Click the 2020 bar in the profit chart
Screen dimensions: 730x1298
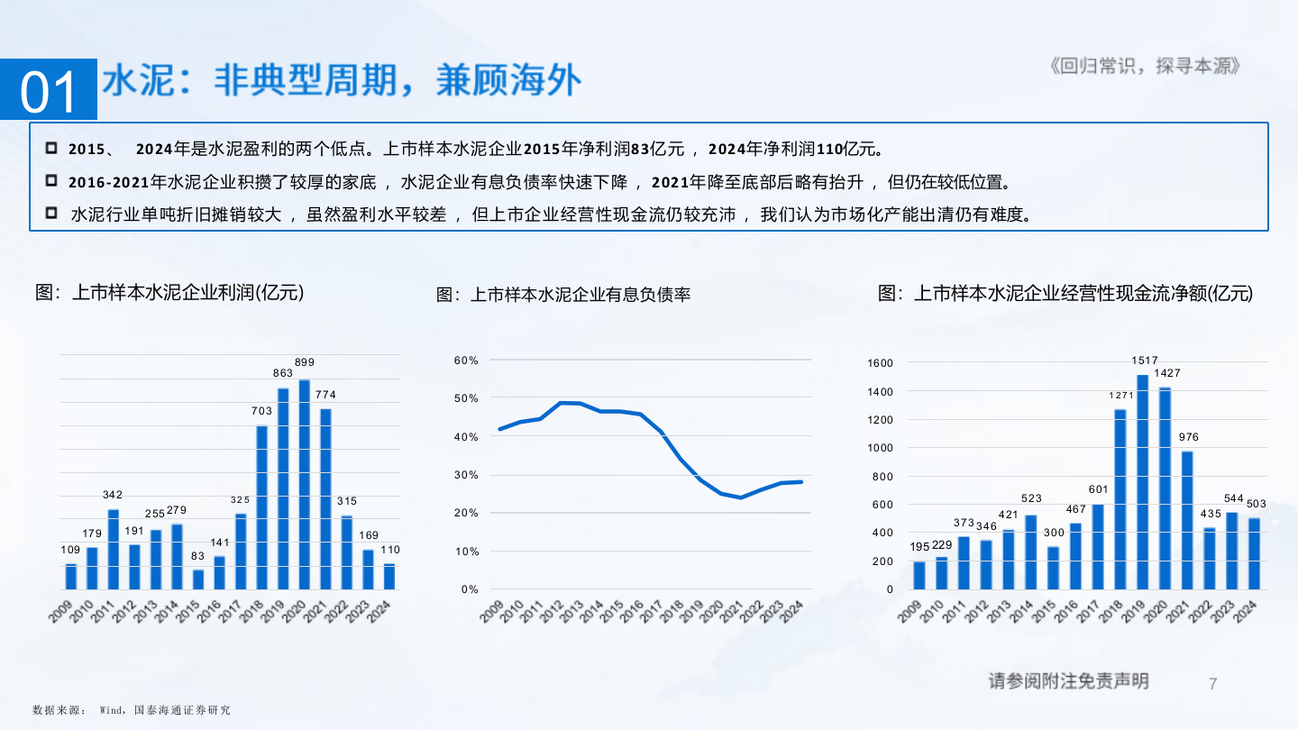[305, 485]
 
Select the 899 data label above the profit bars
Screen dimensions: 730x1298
[305, 362]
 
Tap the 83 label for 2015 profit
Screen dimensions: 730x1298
[198, 556]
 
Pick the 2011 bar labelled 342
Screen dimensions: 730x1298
[113, 550]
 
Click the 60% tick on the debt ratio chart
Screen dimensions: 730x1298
[466, 360]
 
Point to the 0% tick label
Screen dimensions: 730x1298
[470, 589]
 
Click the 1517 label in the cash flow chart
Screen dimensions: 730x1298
[1145, 360]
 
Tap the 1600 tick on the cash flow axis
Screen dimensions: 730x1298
[880, 363]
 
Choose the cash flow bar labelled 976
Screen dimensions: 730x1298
[1187, 520]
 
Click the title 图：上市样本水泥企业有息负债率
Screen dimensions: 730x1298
[563, 295]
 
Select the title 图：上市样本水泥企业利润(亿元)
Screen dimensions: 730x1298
[169, 292]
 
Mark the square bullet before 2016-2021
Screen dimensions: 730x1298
[51, 180]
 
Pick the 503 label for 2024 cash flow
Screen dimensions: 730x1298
[1257, 503]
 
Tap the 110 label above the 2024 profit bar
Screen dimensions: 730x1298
[390, 550]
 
